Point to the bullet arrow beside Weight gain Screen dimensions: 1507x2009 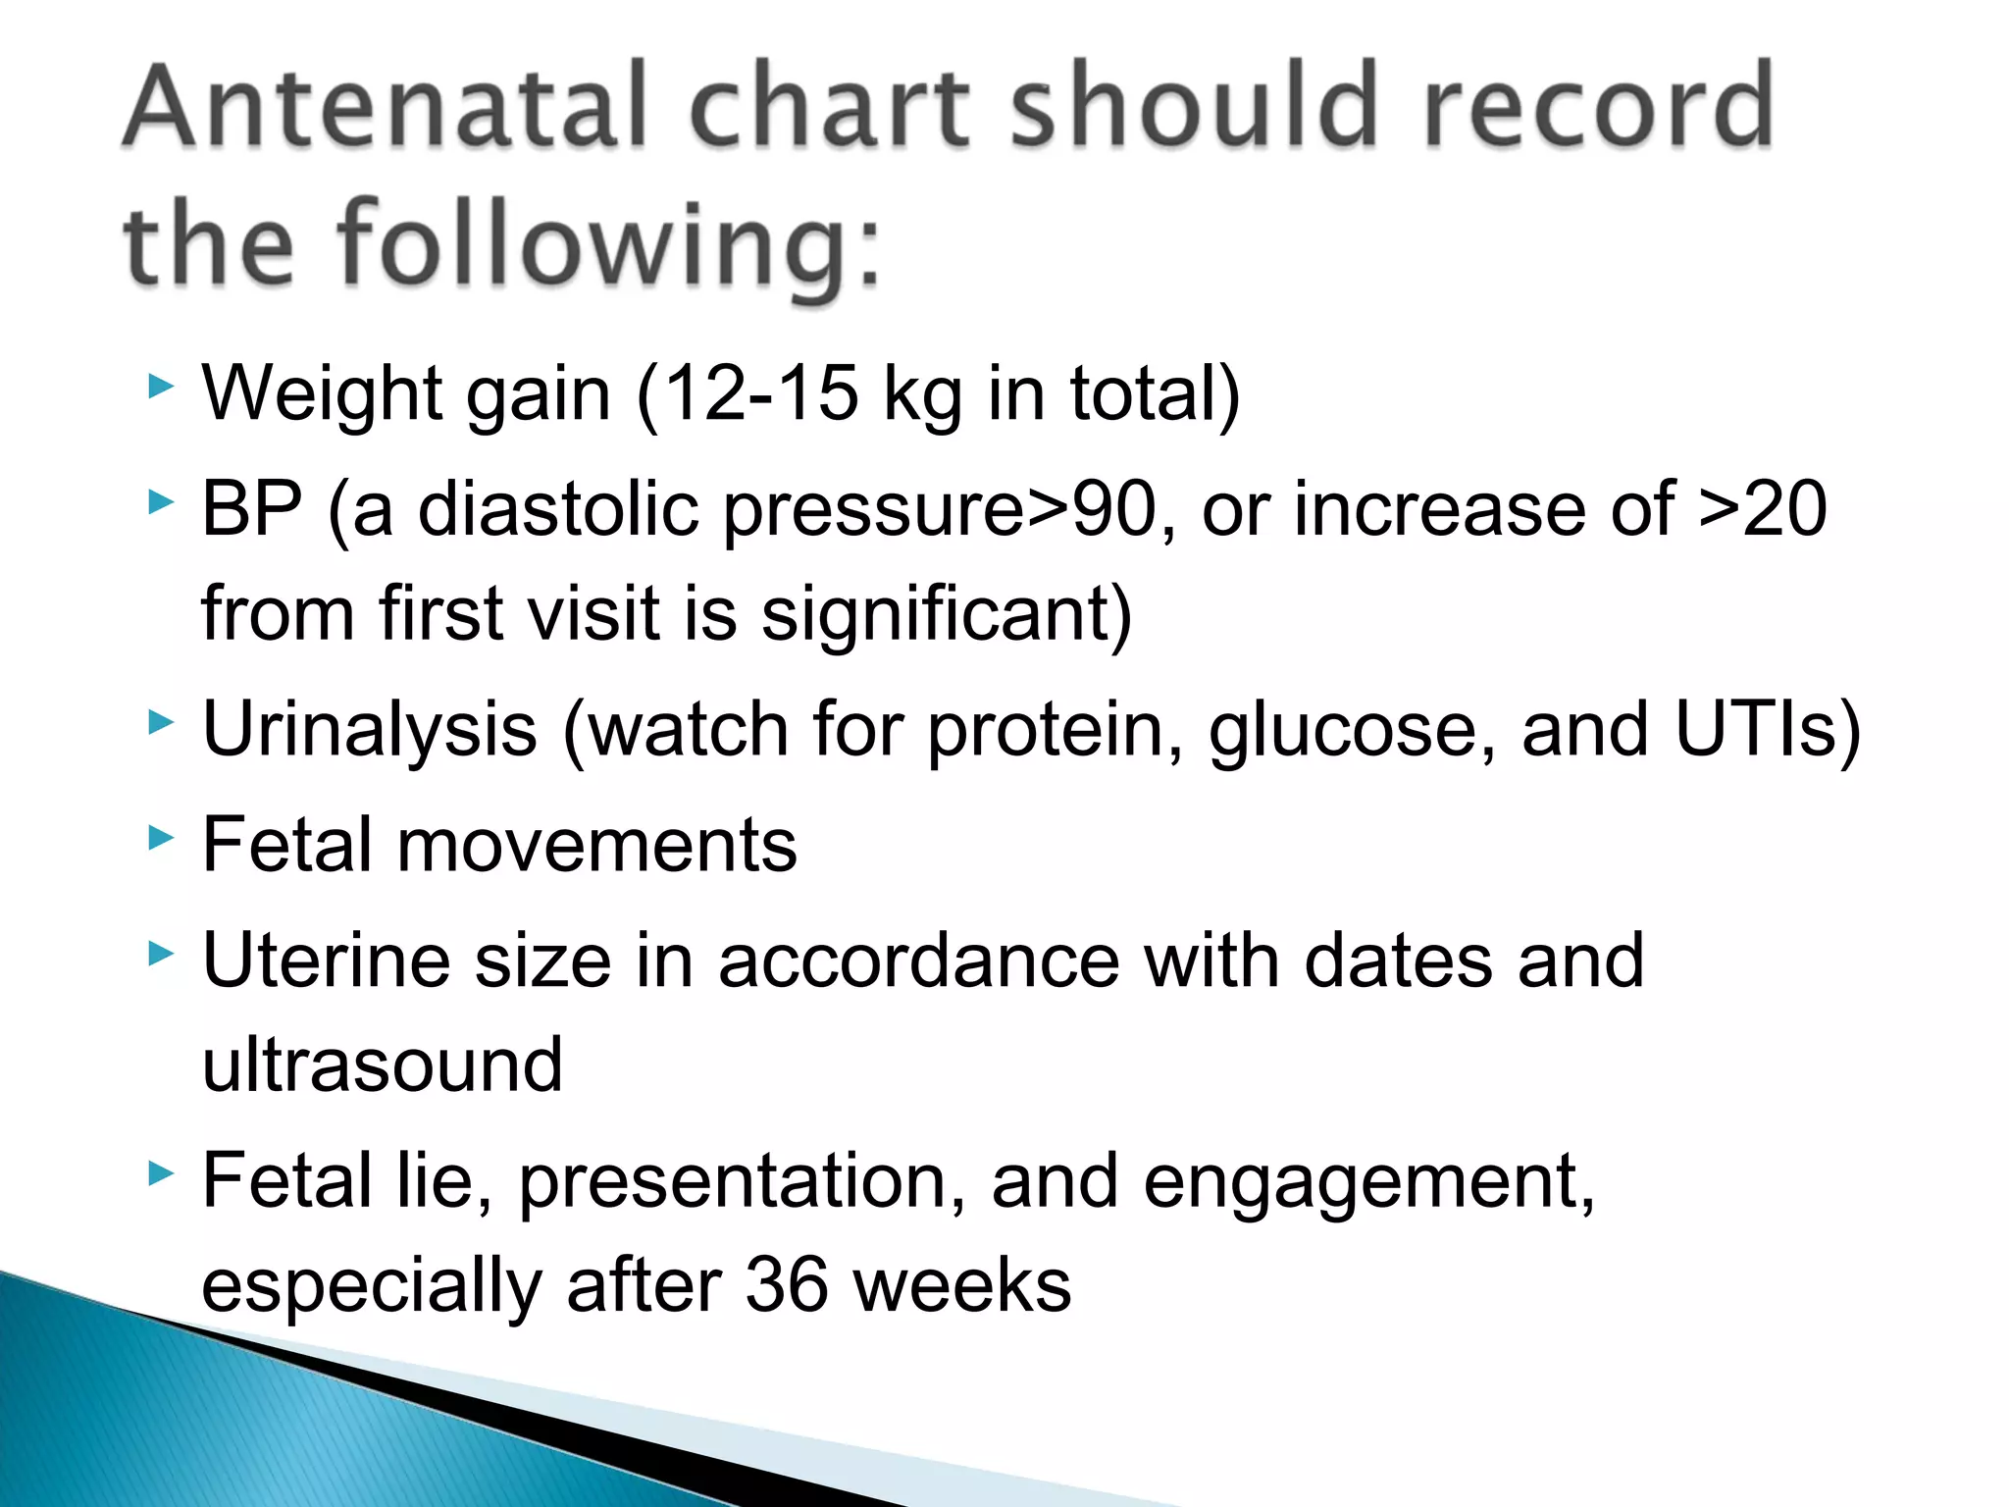tap(161, 386)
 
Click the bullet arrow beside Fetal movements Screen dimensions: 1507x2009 tap(161, 837)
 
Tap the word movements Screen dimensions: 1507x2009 tap(596, 845)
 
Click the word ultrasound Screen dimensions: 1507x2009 tap(383, 1065)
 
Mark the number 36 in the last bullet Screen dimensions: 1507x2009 tap(786, 1285)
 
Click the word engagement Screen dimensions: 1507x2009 tap(1368, 1182)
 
